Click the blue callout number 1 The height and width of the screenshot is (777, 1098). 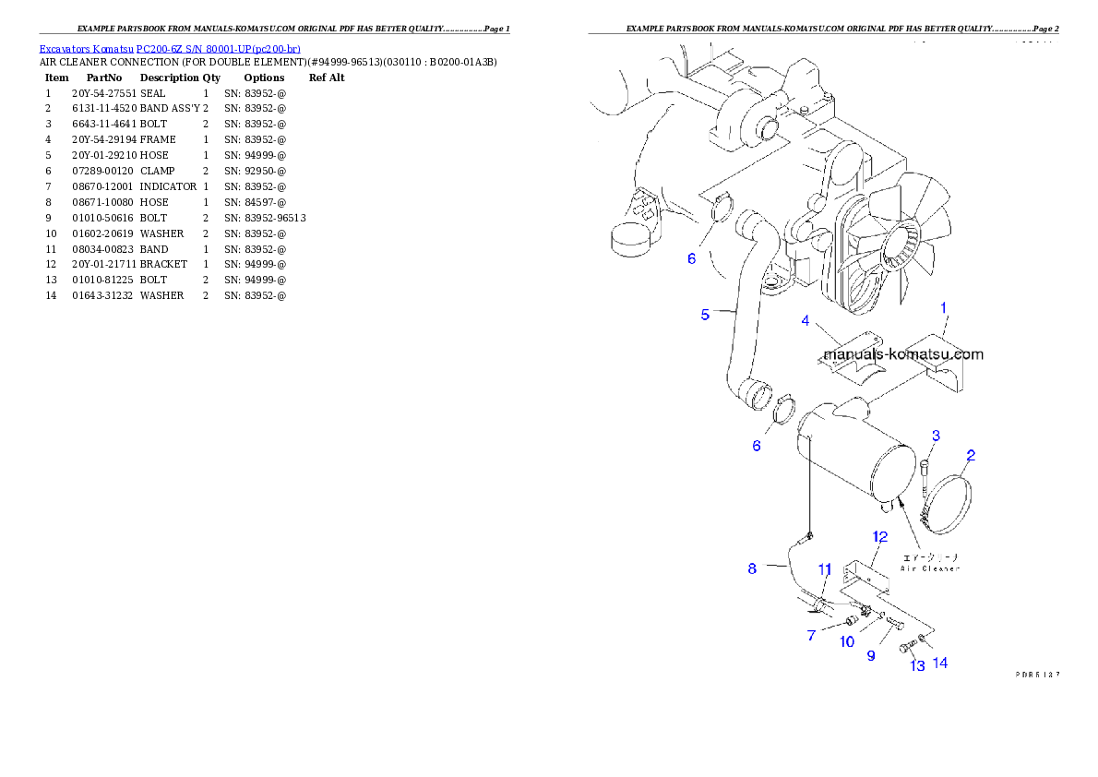click(x=943, y=306)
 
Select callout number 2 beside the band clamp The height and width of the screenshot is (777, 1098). click(x=970, y=455)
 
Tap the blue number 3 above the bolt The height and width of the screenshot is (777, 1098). click(x=935, y=436)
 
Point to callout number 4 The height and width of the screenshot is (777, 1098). click(x=806, y=321)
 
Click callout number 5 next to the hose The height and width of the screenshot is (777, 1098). click(x=705, y=315)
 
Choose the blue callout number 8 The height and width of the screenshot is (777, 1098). click(x=752, y=569)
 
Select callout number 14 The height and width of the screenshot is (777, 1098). click(x=940, y=663)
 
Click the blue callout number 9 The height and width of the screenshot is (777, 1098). click(x=870, y=656)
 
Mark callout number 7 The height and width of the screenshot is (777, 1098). click(x=811, y=636)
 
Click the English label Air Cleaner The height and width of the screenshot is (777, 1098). click(x=929, y=568)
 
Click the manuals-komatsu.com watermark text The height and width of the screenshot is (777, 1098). click(x=902, y=354)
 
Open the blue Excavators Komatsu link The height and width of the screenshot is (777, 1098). click(x=170, y=48)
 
